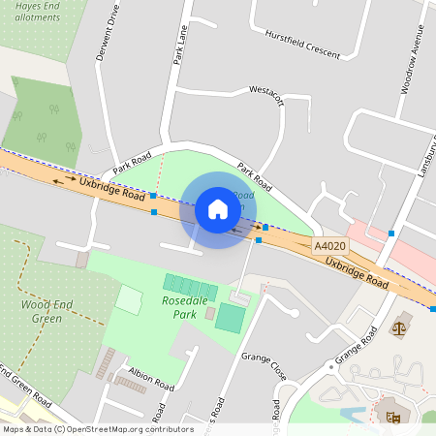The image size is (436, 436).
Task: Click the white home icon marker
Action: [x=218, y=209]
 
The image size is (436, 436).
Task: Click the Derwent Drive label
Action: [x=107, y=37]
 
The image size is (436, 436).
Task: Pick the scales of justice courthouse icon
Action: [x=400, y=329]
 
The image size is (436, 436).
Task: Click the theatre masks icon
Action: [x=393, y=418]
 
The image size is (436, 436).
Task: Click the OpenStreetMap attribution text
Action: [x=96, y=428]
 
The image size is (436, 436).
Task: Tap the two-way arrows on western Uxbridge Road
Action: [x=65, y=179]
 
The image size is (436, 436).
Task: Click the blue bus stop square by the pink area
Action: [x=391, y=233]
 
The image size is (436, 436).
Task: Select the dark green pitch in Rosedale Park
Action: [x=231, y=317]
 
